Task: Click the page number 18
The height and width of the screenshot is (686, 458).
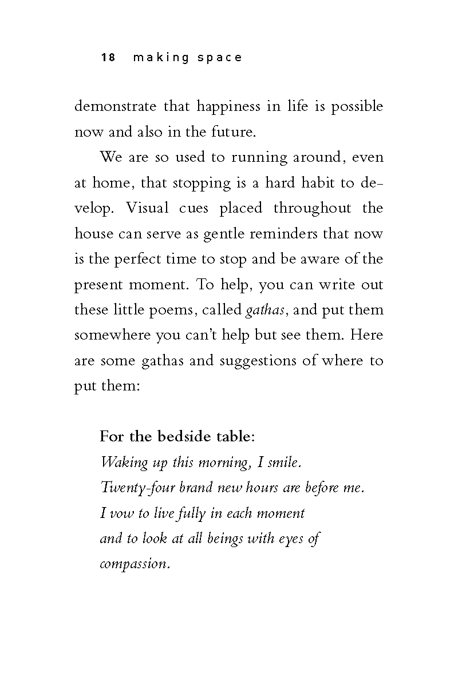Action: click(x=108, y=57)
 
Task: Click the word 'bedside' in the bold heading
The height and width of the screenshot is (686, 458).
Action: click(x=182, y=437)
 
